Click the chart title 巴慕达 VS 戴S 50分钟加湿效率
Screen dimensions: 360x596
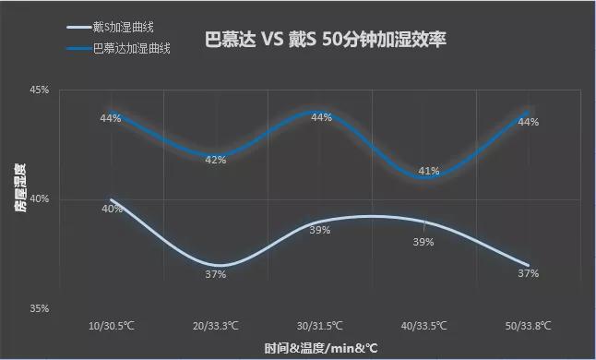coord(325,42)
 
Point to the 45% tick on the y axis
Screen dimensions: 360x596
coord(40,90)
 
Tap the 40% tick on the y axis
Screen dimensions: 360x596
coord(40,199)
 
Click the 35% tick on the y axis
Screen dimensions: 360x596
coord(40,308)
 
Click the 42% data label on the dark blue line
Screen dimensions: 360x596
coord(216,160)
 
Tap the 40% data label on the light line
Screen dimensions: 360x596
coord(112,209)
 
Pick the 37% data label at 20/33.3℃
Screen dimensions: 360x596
coord(216,274)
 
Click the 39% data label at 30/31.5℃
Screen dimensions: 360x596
coord(320,230)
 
